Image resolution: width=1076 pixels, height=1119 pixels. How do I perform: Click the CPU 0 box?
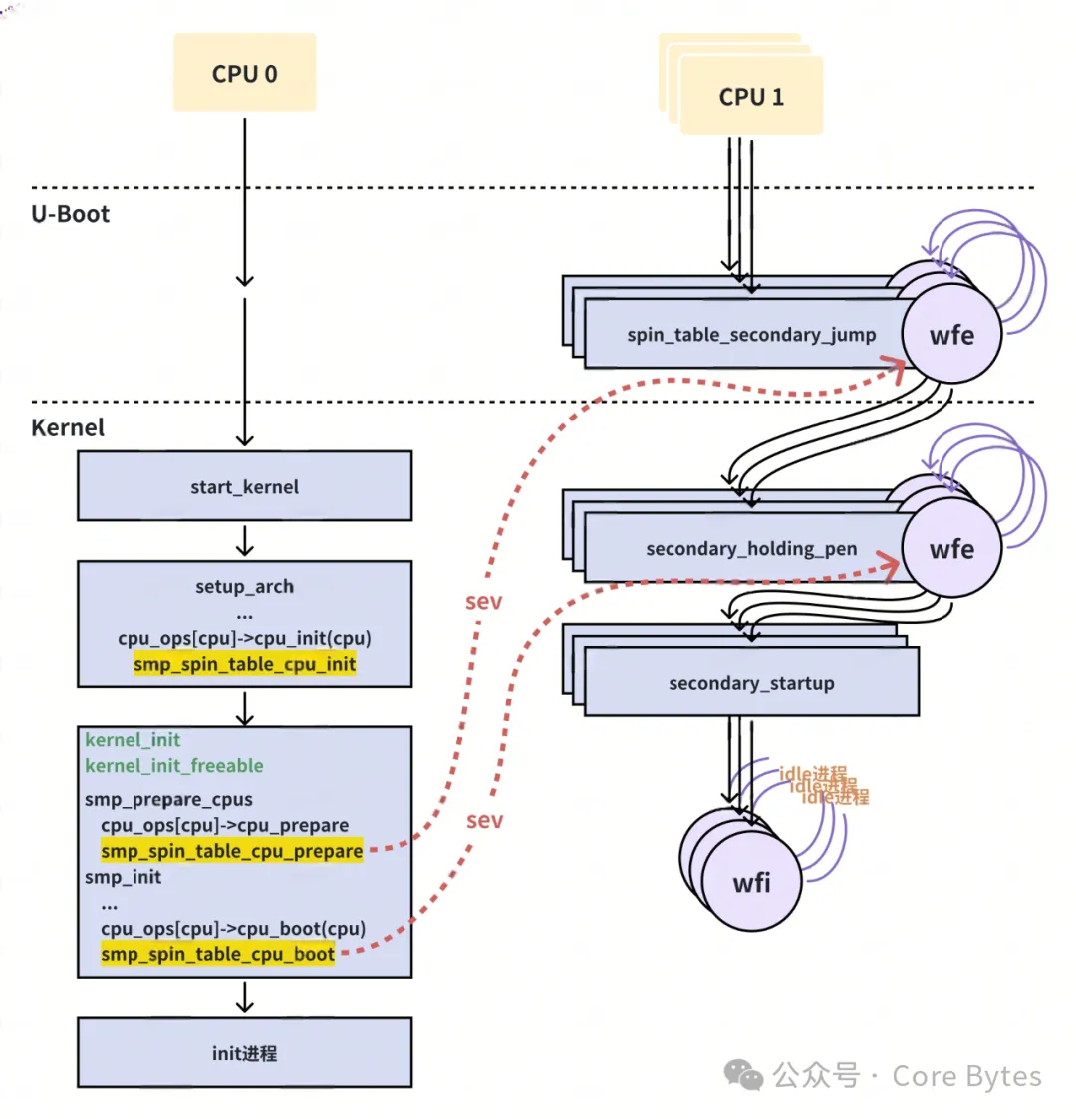(x=244, y=73)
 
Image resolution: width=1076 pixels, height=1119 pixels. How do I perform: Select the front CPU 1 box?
(x=751, y=96)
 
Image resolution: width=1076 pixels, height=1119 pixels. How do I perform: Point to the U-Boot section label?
(x=70, y=214)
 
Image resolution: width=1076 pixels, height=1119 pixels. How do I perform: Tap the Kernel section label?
(x=68, y=427)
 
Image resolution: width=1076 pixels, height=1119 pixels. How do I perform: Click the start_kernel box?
(x=244, y=486)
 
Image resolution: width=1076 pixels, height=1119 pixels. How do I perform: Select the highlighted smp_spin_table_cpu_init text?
(x=244, y=664)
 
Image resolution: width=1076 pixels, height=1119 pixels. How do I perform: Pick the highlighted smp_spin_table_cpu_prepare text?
(x=231, y=851)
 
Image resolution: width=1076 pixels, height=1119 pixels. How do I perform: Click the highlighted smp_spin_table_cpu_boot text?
(x=217, y=954)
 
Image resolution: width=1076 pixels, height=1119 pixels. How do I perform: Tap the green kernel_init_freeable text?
(x=174, y=765)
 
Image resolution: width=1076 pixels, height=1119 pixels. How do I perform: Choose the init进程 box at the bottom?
(x=244, y=1052)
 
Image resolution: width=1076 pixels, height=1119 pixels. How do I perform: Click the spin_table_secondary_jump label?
(x=751, y=335)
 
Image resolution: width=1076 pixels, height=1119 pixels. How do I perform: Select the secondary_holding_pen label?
(x=751, y=549)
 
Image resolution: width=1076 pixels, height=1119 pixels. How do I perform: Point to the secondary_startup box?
(x=751, y=683)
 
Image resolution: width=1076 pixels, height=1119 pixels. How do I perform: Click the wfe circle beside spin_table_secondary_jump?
(x=951, y=335)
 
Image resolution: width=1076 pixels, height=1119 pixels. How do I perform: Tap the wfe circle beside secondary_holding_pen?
(x=951, y=549)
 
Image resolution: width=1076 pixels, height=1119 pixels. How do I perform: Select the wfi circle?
(x=751, y=883)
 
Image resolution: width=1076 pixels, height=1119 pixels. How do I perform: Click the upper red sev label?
(x=483, y=602)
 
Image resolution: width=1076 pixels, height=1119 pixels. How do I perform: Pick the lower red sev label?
(x=484, y=820)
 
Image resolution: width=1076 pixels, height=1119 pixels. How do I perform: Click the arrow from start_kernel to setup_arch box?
(x=244, y=540)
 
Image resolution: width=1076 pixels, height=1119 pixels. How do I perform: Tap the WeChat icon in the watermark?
(x=743, y=1074)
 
